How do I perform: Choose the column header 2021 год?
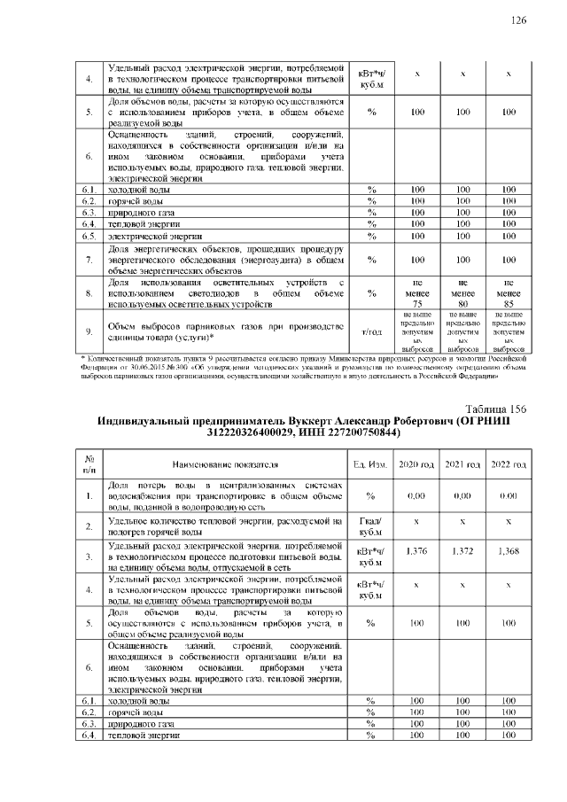pos(462,464)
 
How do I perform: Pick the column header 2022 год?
pos(509,464)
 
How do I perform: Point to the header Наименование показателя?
pos(225,464)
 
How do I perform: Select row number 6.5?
pos(89,237)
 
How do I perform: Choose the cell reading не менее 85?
pos(509,291)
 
